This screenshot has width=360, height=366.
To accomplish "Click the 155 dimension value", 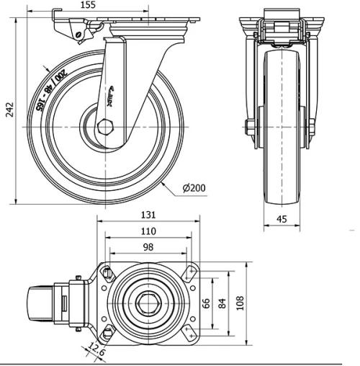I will (108, 5).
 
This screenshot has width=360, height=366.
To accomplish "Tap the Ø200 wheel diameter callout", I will (194, 188).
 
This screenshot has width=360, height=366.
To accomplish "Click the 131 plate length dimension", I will (148, 214).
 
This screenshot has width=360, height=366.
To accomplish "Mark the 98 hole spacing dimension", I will (148, 247).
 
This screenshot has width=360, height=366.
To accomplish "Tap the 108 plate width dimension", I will (240, 303).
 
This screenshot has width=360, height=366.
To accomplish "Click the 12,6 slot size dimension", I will (94, 351).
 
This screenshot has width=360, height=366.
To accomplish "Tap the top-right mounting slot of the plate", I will (191, 272).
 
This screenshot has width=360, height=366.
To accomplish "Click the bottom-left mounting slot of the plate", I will (108, 334).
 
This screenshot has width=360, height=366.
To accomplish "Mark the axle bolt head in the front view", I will (248, 130).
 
